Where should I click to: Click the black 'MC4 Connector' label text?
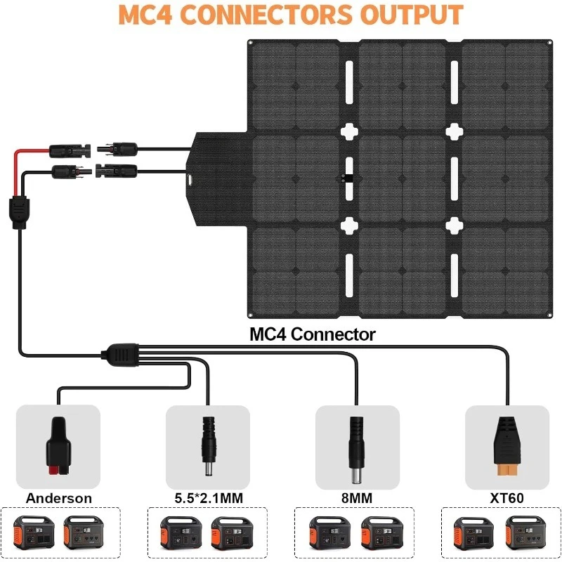[313, 334]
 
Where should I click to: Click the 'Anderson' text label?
[59, 498]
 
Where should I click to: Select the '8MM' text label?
[358, 498]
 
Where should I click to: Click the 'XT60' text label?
[508, 498]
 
